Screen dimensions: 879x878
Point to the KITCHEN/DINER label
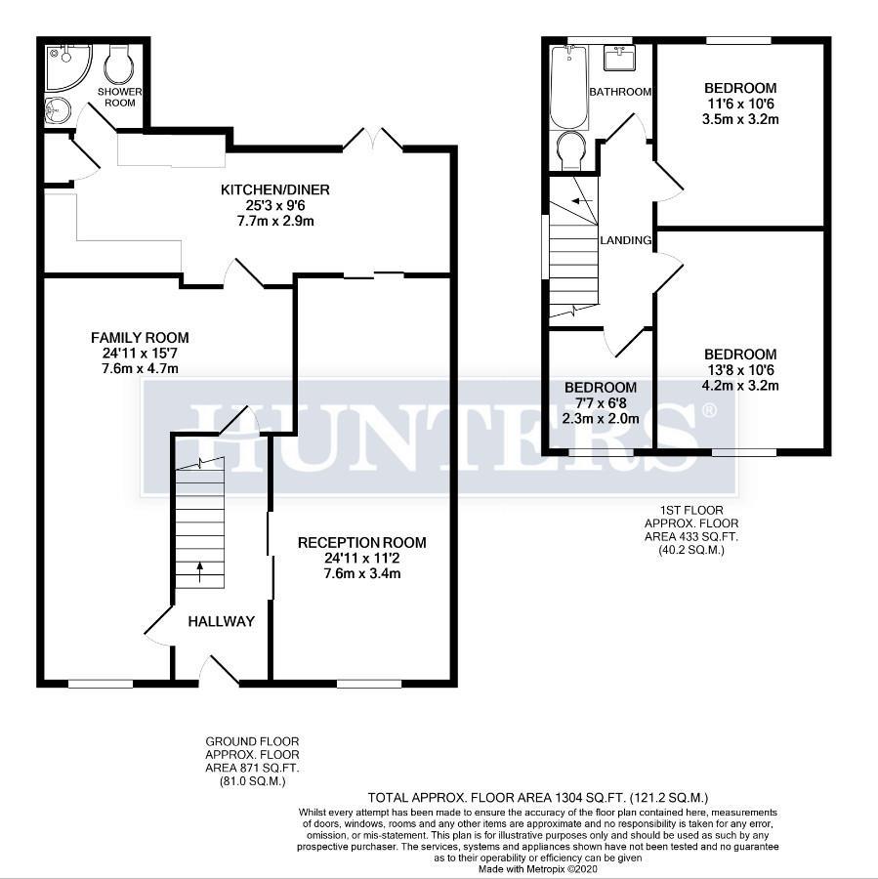pyautogui.click(x=274, y=189)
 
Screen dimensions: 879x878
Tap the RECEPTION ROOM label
pyautogui.click(x=361, y=543)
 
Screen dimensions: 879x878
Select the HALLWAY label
pyautogui.click(x=221, y=621)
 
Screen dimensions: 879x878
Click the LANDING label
pyautogui.click(x=624, y=240)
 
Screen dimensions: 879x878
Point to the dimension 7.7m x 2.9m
pyautogui.click(x=274, y=222)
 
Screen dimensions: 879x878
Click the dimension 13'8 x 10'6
pyautogui.click(x=739, y=369)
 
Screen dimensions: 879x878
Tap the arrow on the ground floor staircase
pyautogui.click(x=201, y=570)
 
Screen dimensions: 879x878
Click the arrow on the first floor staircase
pyautogui.click(x=582, y=201)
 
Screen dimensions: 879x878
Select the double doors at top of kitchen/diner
pyautogui.click(x=373, y=139)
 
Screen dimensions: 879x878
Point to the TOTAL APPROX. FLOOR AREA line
pyautogui.click(x=537, y=798)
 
